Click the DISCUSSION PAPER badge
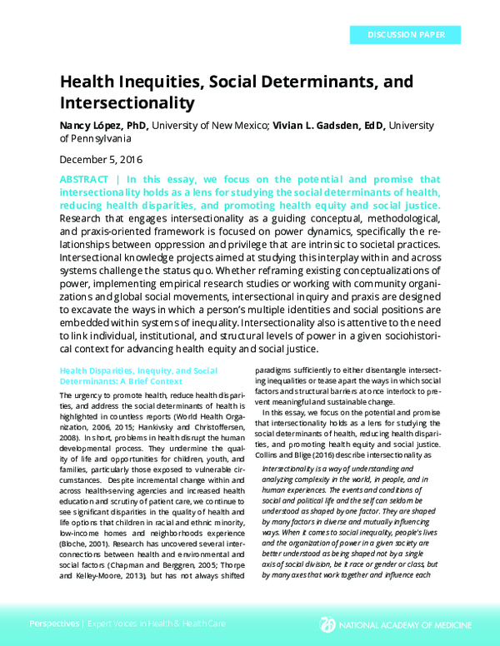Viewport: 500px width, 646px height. pos(402,35)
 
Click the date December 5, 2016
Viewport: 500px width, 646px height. pos(101,159)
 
